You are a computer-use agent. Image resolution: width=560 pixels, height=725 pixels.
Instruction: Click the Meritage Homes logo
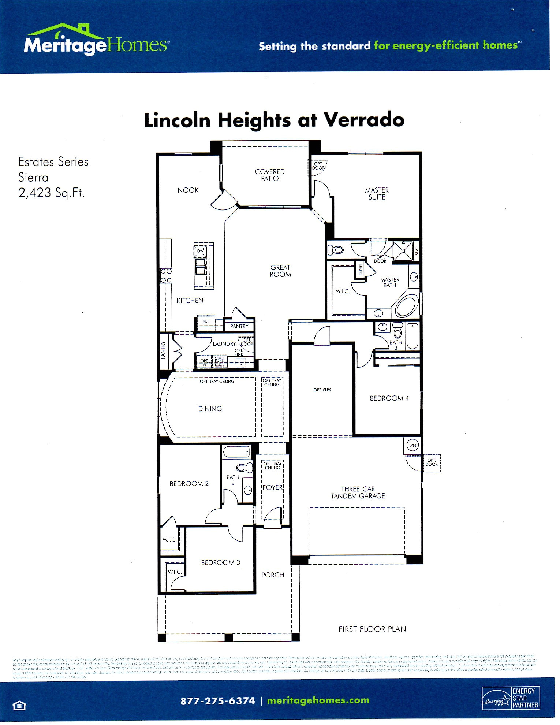pyautogui.click(x=96, y=41)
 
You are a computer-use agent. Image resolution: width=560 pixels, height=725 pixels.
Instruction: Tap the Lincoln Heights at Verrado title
pyautogui.click(x=274, y=120)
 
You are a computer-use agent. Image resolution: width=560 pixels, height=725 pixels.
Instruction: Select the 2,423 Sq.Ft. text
pyautogui.click(x=51, y=193)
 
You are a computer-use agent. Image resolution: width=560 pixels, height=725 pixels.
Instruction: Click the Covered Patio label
pyautogui.click(x=270, y=175)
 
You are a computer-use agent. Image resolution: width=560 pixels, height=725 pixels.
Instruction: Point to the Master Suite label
pyautogui.click(x=377, y=194)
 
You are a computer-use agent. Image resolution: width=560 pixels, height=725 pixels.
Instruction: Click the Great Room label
pyautogui.click(x=280, y=271)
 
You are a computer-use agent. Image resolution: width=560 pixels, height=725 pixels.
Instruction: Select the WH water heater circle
pyautogui.click(x=413, y=445)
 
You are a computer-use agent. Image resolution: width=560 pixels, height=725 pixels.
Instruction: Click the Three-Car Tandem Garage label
pyautogui.click(x=358, y=492)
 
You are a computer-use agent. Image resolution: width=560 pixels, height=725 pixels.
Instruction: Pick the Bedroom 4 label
pyautogui.click(x=389, y=398)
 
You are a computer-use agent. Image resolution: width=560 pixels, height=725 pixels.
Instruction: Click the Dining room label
pyautogui.click(x=210, y=409)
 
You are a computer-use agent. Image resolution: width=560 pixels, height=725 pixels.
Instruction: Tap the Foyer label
pyautogui.click(x=273, y=487)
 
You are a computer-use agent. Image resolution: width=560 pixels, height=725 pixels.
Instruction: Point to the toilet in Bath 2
pyautogui.click(x=243, y=468)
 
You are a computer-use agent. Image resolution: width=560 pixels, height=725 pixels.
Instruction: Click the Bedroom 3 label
pyautogui.click(x=220, y=562)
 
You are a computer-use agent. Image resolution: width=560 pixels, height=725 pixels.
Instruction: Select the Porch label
pyautogui.click(x=273, y=575)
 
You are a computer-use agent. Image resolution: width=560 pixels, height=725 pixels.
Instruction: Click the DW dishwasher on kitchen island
pyautogui.click(x=200, y=251)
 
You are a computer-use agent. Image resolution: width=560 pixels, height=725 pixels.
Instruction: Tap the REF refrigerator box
pyautogui.click(x=206, y=321)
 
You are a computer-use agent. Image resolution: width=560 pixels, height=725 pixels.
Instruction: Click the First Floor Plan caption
pyautogui.click(x=372, y=629)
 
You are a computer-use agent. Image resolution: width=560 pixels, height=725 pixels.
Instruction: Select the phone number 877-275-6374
pyautogui.click(x=217, y=701)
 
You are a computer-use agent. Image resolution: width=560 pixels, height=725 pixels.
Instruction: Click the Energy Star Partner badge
pyautogui.click(x=511, y=698)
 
